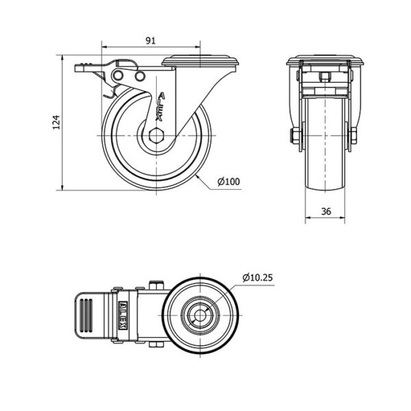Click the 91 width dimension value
click(151, 40)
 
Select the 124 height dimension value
click(57, 122)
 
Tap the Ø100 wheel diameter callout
click(229, 182)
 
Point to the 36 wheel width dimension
click(326, 211)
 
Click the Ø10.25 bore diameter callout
click(258, 277)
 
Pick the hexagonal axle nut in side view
click(156, 136)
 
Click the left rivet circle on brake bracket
click(118, 76)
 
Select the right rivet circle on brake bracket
click(140, 76)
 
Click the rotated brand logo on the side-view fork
click(160, 106)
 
